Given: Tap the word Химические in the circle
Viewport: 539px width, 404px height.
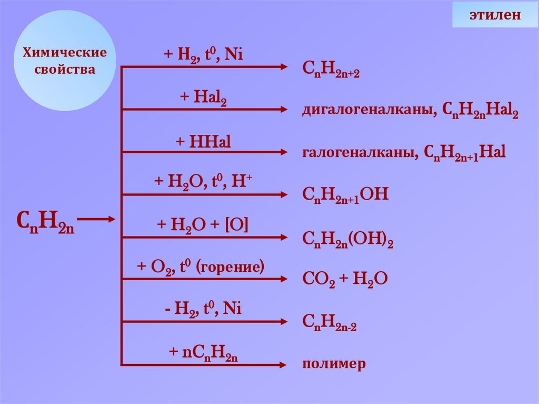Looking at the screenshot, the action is point(64,53).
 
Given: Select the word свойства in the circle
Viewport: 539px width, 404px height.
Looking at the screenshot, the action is point(64,70).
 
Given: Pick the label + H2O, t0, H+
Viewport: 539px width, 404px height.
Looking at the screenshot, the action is point(203,182).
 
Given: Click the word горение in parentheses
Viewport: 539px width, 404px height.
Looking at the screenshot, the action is point(229,267).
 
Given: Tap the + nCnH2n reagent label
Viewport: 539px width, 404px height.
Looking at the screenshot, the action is point(203,352).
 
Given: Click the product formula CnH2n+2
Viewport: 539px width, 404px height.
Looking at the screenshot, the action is point(331,69).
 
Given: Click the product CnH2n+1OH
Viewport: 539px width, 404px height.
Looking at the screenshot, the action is point(345,195).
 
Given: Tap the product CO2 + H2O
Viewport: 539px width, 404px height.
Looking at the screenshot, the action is point(345,279).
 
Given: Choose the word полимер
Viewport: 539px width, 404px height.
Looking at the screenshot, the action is point(334,364).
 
